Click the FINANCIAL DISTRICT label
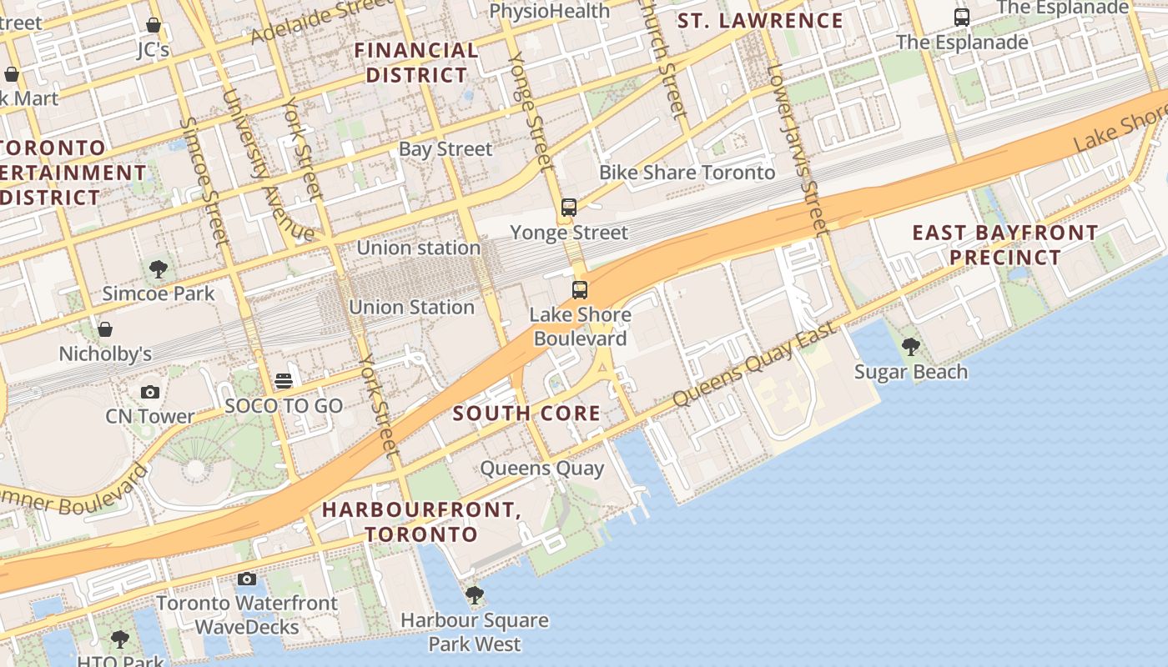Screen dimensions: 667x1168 pos(416,63)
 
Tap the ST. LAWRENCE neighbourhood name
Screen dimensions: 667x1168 pos(760,21)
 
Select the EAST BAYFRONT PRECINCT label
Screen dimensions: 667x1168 pos(1004,244)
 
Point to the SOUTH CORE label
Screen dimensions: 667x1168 pos(526,414)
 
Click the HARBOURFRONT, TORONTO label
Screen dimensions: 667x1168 pos(421,521)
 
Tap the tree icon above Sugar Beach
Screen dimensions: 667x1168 pos(911,346)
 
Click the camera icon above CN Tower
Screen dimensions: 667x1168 pos(150,392)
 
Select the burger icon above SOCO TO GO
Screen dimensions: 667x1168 pos(284,381)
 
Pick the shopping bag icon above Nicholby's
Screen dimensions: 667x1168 pos(105,329)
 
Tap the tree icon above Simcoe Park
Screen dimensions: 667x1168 pos(159,268)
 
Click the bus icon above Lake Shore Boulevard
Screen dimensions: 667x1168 pos(580,289)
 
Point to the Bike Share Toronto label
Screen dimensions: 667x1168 pos(687,173)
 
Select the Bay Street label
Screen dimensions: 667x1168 pos(446,149)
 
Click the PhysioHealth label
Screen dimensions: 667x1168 pos(550,11)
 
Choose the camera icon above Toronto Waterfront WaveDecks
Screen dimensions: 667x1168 pos(246,579)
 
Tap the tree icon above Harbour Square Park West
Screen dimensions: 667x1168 pos(475,595)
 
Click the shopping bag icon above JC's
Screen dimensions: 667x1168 pos(154,25)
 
